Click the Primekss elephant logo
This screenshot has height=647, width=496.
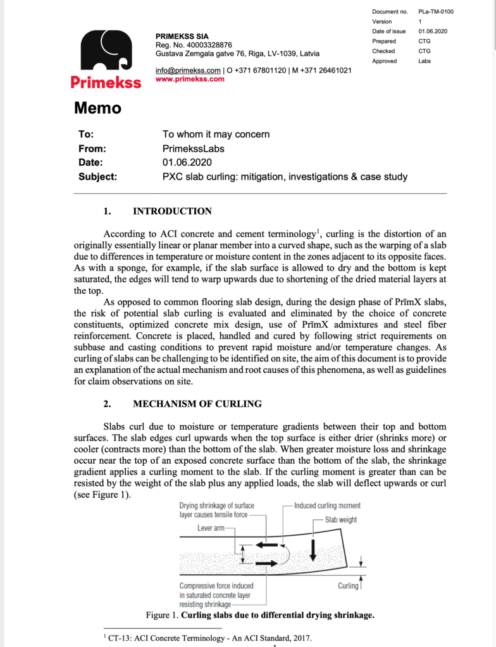point(106,51)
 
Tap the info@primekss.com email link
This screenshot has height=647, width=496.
point(188,70)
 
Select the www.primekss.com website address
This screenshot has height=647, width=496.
point(190,80)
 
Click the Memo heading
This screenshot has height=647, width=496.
point(97,108)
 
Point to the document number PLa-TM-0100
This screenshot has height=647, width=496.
point(436,11)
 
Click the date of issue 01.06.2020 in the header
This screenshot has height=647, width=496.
point(433,31)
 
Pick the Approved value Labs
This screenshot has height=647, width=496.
point(425,61)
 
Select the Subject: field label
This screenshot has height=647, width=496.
point(97,177)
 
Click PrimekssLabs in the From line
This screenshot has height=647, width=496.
point(194,148)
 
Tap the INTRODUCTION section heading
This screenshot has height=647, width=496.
point(172,211)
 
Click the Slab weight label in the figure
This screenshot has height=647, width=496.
point(341,519)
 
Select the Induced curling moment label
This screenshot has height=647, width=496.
point(327,505)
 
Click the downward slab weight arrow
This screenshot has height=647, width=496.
point(313,552)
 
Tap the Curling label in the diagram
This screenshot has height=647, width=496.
point(347,586)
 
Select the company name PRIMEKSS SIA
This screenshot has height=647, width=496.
point(182,36)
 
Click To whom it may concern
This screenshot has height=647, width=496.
point(216,134)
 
